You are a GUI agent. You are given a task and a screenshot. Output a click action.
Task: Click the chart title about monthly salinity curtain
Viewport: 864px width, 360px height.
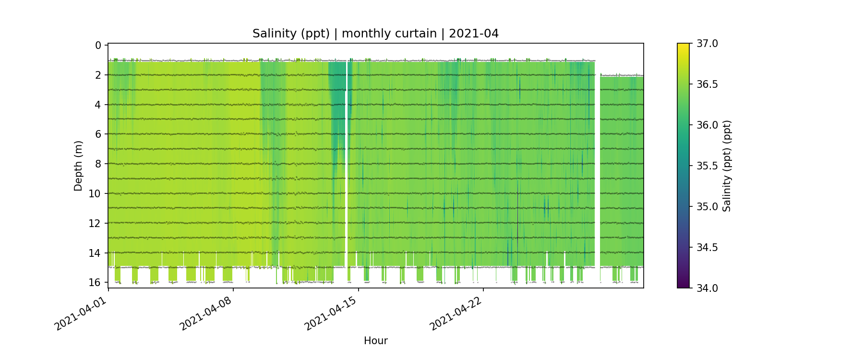tap(375, 34)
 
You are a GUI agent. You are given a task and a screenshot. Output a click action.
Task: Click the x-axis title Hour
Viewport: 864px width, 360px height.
tap(375, 341)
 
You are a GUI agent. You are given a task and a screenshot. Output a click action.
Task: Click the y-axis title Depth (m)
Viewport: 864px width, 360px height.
tap(78, 166)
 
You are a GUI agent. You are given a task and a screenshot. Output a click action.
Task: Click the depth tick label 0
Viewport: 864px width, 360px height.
tap(98, 46)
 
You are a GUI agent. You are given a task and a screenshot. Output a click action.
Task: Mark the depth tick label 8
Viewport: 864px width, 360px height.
tap(98, 164)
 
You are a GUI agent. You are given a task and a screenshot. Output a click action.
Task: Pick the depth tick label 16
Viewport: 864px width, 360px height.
tap(95, 282)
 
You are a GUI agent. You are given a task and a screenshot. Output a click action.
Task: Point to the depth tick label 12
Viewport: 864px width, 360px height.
tap(95, 223)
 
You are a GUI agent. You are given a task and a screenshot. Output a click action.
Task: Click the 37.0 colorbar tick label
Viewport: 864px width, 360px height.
tap(707, 44)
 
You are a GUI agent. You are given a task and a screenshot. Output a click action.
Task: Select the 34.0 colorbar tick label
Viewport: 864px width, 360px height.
tap(707, 288)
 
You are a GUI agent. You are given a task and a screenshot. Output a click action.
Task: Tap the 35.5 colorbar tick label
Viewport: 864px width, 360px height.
tap(707, 166)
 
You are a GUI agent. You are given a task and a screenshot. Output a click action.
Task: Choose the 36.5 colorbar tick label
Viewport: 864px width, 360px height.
tap(707, 84)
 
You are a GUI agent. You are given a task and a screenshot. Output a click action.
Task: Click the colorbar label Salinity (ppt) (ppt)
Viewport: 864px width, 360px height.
tap(727, 166)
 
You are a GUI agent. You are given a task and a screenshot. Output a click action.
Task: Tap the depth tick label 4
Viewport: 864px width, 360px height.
tap(98, 105)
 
